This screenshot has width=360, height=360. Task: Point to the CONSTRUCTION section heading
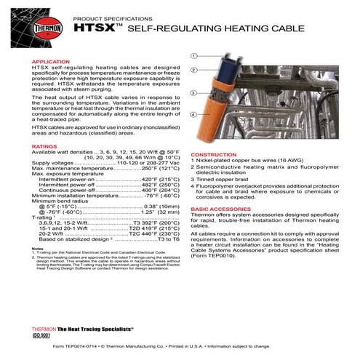coord(213,155)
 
